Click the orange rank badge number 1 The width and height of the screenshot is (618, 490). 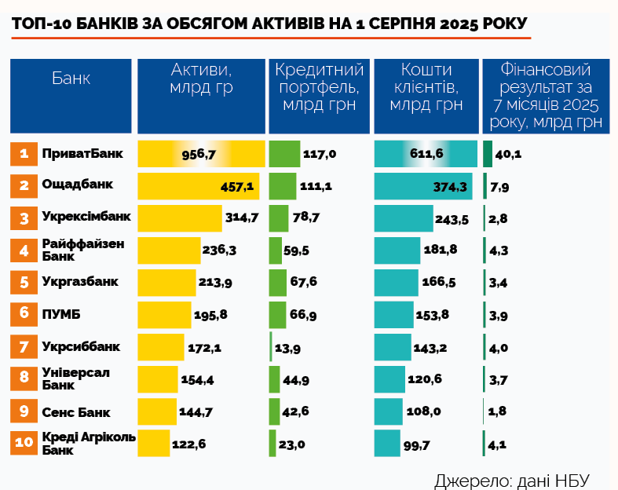[24, 154]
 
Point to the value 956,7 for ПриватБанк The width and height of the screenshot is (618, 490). [198, 154]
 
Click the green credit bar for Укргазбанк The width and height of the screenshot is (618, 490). [278, 282]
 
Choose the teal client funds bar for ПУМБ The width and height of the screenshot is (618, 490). [393, 314]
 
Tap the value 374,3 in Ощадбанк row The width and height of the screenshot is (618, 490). [450, 186]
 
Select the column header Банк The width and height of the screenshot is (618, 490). [71, 79]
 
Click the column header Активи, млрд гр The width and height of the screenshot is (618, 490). [201, 79]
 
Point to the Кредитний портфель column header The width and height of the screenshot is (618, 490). [319, 86]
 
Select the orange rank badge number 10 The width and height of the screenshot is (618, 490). [24, 443]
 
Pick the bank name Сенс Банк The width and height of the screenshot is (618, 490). [75, 412]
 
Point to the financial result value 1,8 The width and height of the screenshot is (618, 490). [499, 411]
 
